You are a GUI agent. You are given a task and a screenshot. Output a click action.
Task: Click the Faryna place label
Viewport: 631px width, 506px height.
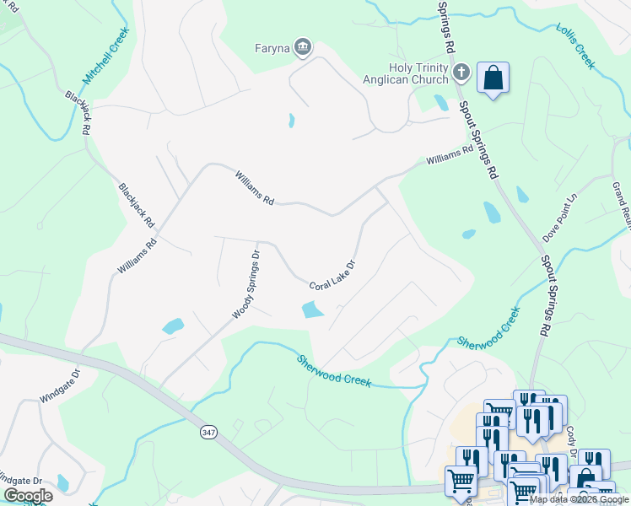click(272, 48)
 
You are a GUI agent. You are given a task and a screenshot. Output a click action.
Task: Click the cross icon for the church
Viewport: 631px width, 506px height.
click(461, 73)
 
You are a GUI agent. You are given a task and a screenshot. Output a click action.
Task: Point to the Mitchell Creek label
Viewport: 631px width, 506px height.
click(105, 56)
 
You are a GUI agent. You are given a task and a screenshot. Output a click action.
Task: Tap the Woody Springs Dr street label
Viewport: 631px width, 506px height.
click(246, 283)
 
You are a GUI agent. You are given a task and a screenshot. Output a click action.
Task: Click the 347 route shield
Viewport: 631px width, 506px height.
click(208, 431)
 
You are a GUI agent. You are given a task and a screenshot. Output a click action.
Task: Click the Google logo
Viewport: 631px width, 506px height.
click(28, 496)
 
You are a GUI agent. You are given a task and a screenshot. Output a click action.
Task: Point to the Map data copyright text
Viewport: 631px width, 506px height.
click(579, 499)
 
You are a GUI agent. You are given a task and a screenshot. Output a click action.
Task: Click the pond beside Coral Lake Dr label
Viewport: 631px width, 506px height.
click(312, 310)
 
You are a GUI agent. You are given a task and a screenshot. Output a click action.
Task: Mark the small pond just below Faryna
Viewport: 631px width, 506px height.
click(292, 121)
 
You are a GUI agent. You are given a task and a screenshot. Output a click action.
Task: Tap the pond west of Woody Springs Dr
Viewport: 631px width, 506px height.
click(172, 326)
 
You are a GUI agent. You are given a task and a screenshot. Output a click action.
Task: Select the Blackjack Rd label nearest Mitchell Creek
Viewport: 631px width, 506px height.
click(78, 113)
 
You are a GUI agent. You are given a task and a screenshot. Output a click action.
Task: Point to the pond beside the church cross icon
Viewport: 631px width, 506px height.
click(441, 103)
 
